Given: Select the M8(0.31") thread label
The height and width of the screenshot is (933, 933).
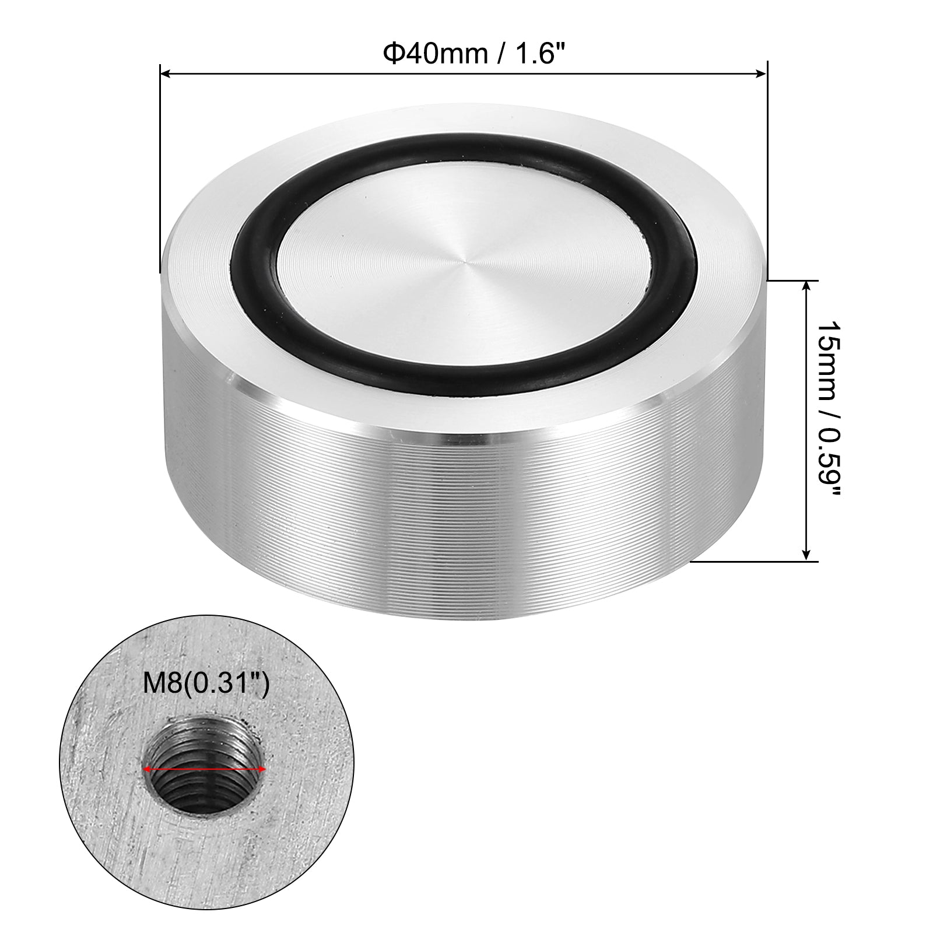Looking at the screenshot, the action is [206, 683].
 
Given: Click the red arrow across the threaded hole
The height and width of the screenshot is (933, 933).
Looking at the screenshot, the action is [205, 770].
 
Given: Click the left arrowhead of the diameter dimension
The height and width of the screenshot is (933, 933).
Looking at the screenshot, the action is [164, 73].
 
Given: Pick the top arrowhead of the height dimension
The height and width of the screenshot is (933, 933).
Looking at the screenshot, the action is [806, 286].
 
